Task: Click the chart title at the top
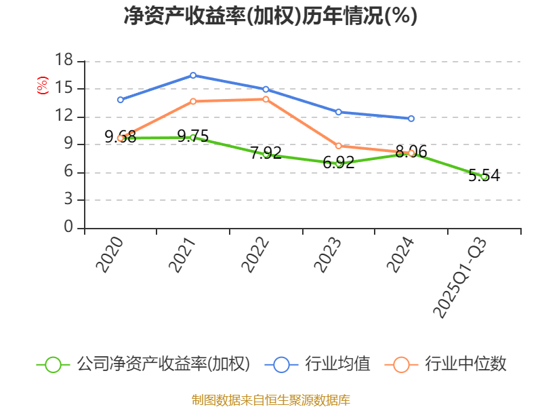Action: (x=270, y=16)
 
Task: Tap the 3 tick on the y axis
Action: (x=68, y=199)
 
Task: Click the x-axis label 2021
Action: (x=182, y=254)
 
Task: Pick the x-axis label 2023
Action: (x=328, y=254)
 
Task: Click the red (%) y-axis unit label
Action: (x=43, y=86)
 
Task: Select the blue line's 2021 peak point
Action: (x=193, y=75)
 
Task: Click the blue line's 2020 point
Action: (x=121, y=100)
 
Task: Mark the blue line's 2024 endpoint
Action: (x=411, y=118)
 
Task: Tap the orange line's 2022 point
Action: (x=266, y=99)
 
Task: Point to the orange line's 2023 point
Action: (x=338, y=146)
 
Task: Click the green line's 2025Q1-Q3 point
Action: (x=484, y=176)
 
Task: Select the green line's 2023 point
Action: (x=338, y=163)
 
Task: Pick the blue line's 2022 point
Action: (x=266, y=90)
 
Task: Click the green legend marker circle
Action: (x=54, y=364)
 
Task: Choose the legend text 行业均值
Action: (x=337, y=364)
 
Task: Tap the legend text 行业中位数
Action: (x=465, y=364)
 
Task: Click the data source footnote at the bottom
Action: (x=270, y=400)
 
